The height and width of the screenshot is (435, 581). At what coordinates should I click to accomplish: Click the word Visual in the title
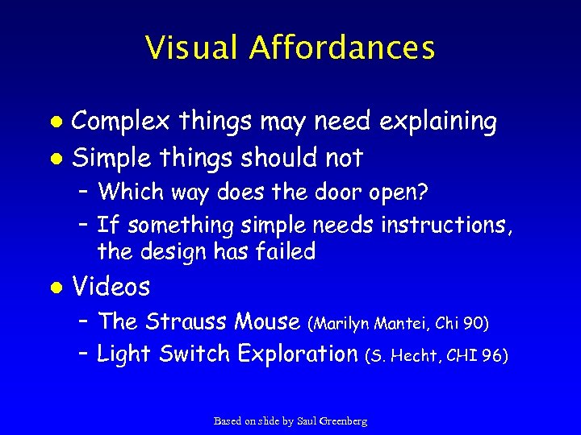pos(192,48)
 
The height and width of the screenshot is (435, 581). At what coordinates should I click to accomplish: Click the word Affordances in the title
pos(342,48)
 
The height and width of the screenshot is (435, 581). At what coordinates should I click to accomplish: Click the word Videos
pos(111,286)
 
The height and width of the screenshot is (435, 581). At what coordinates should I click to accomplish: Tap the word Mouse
pos(267,321)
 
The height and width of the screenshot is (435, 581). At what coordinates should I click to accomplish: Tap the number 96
pos(493,355)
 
